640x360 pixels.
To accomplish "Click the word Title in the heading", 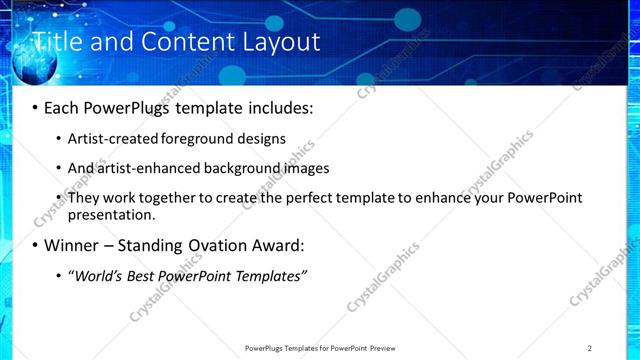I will point(56,42).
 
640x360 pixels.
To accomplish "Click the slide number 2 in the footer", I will point(590,348).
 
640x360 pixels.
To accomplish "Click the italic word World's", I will point(98,275).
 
